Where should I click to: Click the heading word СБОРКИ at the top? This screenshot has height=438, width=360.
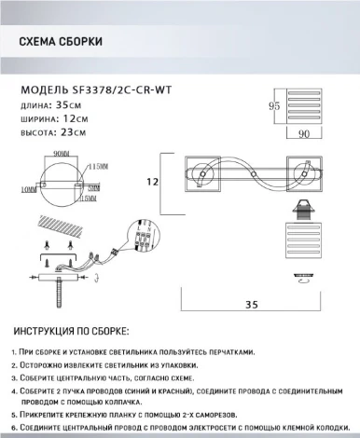pos(78,43)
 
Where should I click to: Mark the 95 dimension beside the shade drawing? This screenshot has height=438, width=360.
pos(275,106)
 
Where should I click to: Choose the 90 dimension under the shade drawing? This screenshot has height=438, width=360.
pos(303,134)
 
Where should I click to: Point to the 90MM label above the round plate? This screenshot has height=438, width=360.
pos(63,153)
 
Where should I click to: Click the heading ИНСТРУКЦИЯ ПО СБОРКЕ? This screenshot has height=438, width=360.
pos(71,332)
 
